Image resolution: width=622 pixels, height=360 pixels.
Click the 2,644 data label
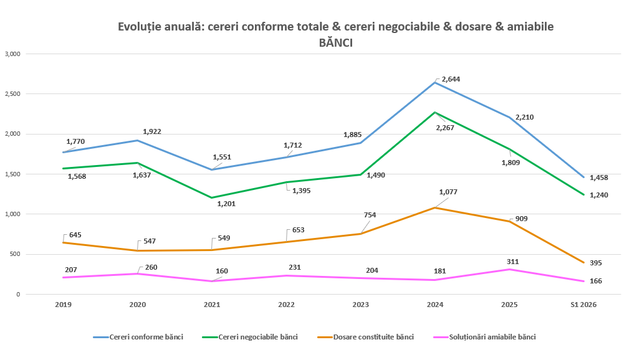point(451,79)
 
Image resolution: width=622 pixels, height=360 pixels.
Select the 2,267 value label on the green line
point(444,128)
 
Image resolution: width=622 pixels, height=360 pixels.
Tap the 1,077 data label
point(448,192)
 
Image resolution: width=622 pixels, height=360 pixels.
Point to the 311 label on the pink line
point(512,262)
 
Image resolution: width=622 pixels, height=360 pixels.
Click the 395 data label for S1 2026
point(595,263)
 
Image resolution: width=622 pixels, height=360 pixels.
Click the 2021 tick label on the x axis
point(212,305)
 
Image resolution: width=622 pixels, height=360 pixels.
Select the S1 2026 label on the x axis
point(583,305)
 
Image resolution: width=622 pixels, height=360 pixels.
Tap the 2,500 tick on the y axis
point(12,94)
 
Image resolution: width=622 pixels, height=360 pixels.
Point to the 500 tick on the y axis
point(15,254)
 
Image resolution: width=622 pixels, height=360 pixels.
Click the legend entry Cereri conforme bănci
point(138,337)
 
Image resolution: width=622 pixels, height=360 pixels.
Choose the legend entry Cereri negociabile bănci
point(250,337)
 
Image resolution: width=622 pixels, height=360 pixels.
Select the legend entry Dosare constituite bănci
point(365,337)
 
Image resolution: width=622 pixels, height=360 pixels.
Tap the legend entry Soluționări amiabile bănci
point(484,337)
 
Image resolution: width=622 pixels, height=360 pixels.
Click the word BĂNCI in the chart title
point(335,43)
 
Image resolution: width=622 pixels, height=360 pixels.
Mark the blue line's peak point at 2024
point(435,82)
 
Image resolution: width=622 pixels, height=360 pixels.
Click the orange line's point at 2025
point(509,221)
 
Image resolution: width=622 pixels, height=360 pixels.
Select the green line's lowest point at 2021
point(212,198)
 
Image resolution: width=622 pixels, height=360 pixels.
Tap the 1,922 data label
point(152,131)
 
